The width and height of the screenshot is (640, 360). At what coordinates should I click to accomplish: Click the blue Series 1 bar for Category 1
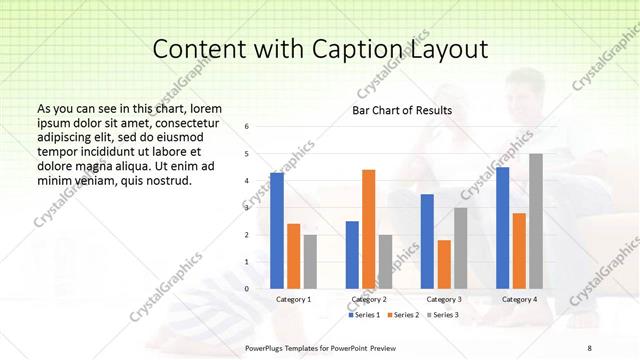pos(277,230)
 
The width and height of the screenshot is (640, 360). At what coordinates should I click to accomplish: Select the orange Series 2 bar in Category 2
pos(368,229)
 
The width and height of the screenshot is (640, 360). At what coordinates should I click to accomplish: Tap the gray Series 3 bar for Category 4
pos(536,221)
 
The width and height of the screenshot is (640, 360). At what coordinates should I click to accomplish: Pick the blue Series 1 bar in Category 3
pos(427,241)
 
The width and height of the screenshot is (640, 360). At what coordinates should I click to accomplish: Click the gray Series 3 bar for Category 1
pos(310,261)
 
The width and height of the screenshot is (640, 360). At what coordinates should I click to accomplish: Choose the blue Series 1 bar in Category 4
pos(502,227)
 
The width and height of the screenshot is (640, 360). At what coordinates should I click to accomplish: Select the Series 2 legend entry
pos(402,315)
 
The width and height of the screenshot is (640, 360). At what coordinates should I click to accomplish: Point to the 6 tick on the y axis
pos(248,127)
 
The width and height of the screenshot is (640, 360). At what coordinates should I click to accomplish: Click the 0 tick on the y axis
pos(248,289)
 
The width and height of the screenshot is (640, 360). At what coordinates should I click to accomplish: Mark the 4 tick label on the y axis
pos(248,181)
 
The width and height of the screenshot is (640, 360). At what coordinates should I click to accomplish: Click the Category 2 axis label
pos(369,299)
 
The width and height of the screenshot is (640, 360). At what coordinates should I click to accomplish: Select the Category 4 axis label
pos(519,299)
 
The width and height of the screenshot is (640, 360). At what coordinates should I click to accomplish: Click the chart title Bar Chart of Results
pos(401,110)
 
